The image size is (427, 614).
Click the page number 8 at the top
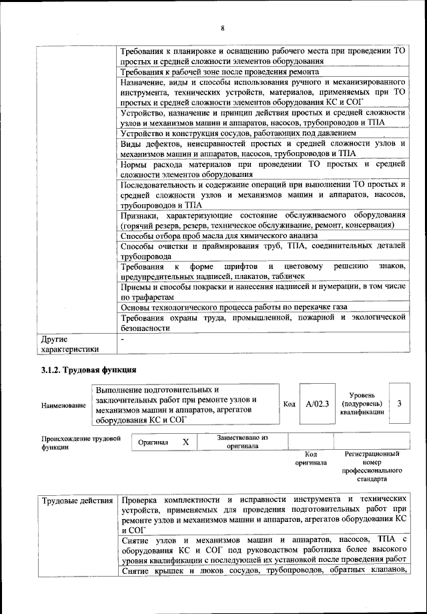point(223,27)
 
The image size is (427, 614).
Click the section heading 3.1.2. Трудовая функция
point(88,368)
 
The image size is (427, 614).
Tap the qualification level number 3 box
point(399,404)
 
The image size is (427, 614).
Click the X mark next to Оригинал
point(185,442)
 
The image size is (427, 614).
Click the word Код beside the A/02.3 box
point(289,404)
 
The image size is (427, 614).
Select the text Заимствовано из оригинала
point(242,442)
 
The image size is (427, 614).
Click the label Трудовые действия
point(77,500)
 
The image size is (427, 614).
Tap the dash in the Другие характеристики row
point(122,340)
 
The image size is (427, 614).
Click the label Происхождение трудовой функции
point(81,443)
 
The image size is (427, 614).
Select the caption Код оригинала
point(311,458)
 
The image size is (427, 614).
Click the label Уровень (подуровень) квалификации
point(362,404)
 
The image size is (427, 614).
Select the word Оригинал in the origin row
point(153,442)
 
